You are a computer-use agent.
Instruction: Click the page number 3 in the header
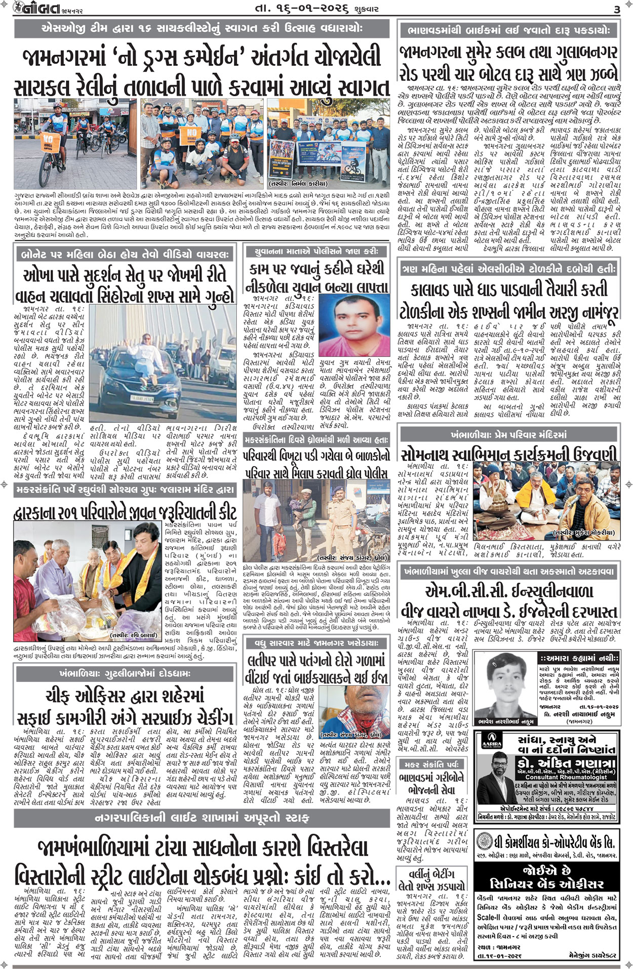[617, 9]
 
